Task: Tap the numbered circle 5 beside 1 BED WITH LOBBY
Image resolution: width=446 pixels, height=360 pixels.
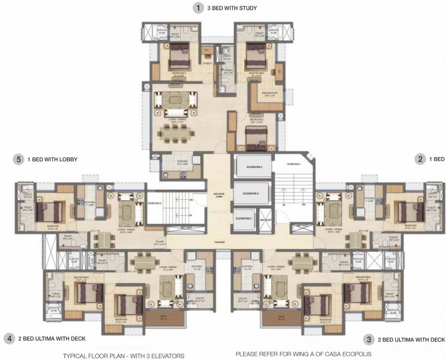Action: pos(19,159)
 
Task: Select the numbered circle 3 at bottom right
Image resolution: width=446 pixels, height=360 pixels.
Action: pos(370,339)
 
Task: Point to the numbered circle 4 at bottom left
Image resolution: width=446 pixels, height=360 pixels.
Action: pos(8,338)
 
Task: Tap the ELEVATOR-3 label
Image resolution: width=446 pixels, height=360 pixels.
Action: pos(243,219)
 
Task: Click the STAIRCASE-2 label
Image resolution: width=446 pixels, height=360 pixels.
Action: pos(155,203)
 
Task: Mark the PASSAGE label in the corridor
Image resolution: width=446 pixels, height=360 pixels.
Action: pos(220,242)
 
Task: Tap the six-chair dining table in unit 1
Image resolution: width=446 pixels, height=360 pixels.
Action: pos(176,133)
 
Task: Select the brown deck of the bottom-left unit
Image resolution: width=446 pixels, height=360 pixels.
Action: pos(164,318)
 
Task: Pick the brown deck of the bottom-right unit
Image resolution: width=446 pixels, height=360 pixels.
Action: pos(281,318)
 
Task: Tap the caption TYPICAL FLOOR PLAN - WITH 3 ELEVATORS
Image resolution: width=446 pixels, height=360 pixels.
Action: pos(124,356)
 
